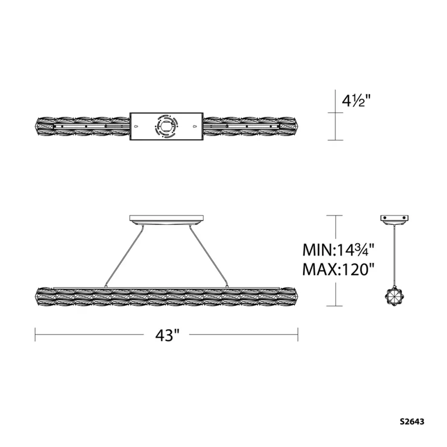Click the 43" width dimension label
point(167,335)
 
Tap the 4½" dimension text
point(356,100)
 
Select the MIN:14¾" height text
point(338,250)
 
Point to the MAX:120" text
point(338,269)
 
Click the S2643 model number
point(412,422)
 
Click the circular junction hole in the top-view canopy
point(166,126)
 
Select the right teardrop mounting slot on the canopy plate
point(195,126)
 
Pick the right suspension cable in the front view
point(208,255)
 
